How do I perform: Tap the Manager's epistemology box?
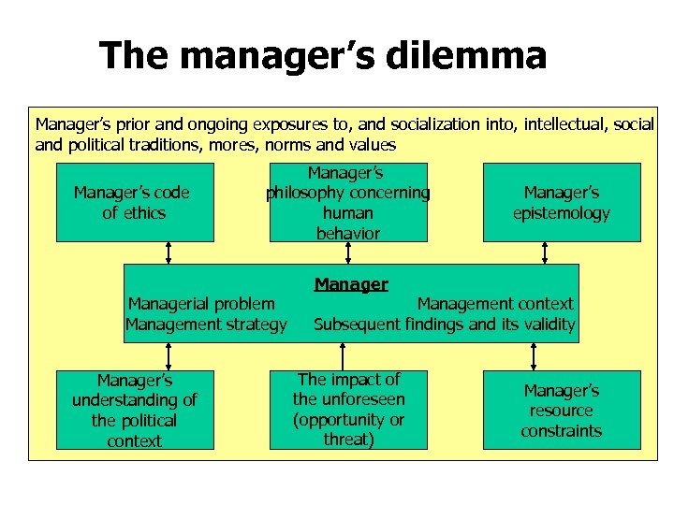562,202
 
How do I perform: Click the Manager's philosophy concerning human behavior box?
348,202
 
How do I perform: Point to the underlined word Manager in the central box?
351,284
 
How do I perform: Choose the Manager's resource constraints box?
562,410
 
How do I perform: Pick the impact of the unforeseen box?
348,410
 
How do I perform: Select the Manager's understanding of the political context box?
135,410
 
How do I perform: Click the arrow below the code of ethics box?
169,252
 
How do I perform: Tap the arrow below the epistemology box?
546,252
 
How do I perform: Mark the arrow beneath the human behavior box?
348,252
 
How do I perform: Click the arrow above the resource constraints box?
534,356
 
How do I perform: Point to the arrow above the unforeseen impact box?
344,356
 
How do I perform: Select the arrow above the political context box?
169,356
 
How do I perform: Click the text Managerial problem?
201,303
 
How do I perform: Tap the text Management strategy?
206,325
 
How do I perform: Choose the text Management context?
494,303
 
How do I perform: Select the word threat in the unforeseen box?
348,440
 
